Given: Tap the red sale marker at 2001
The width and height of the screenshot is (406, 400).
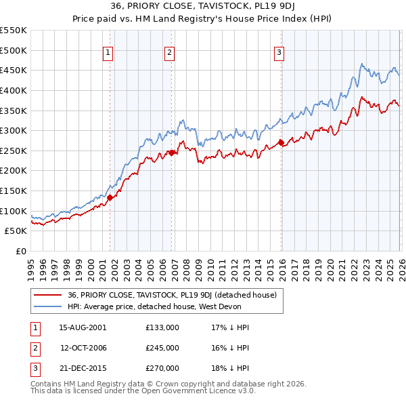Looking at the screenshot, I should (110, 197).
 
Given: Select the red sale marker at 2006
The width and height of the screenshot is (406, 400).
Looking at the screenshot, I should (171, 153).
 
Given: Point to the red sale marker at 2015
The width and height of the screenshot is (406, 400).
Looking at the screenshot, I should (281, 142).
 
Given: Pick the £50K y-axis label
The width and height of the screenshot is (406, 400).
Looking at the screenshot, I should (16, 231).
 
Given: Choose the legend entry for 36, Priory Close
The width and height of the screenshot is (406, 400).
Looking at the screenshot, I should (172, 295).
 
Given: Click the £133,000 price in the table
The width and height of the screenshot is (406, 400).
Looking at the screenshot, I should (162, 327).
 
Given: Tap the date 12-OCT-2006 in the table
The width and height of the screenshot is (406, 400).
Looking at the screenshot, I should (83, 348).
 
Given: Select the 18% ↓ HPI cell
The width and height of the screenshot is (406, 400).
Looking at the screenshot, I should (231, 368).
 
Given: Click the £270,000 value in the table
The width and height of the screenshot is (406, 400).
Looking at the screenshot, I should (162, 368).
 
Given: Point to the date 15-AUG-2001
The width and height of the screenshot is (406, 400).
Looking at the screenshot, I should (83, 327).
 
